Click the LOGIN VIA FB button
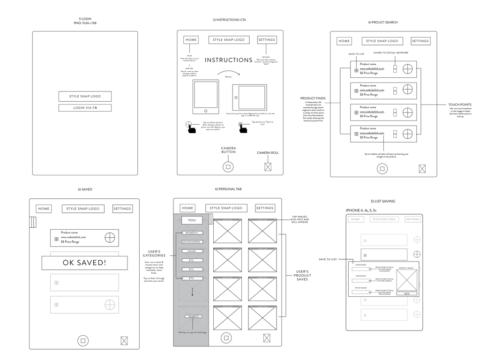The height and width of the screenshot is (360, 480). tap(85, 108)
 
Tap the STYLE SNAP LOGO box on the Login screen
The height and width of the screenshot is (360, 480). tap(85, 96)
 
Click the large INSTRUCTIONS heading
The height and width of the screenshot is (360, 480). tap(229, 60)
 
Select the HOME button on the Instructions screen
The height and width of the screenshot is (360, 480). tap(191, 40)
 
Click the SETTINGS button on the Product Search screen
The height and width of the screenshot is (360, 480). tap(420, 41)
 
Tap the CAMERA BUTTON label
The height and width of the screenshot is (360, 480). tap(228, 150)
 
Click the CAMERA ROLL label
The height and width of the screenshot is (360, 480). tap(268, 153)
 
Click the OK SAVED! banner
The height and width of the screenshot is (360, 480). tap(84, 263)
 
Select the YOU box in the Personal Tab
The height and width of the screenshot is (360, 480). tap(192, 220)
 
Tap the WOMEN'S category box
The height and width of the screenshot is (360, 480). tap(192, 233)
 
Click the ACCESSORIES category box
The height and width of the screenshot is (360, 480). tap(192, 242)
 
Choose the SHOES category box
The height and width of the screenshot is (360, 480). tap(192, 251)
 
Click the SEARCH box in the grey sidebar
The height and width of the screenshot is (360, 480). tap(193, 316)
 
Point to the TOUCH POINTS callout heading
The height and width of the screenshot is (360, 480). tap(460, 105)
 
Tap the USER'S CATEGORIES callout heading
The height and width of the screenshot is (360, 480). tap(154, 254)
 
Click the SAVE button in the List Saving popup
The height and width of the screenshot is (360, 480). tap(406, 294)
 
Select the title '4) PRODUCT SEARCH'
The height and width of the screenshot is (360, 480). tap(382, 22)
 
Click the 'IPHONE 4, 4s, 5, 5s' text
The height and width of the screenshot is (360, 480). tap(361, 210)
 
